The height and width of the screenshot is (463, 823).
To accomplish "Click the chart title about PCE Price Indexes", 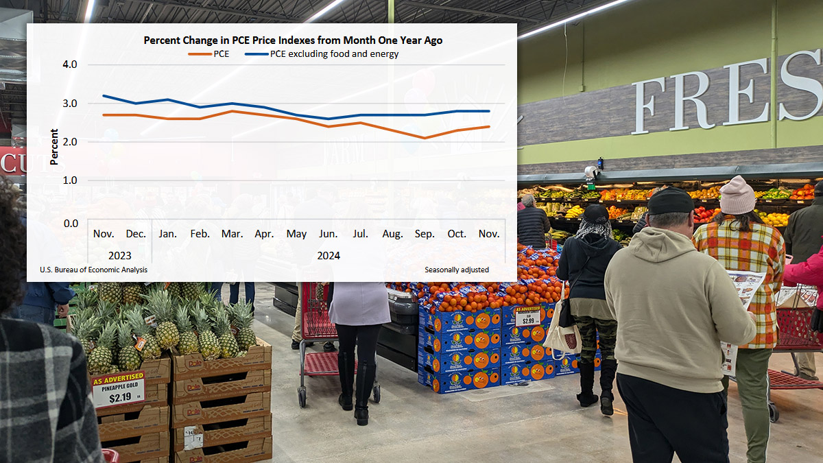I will pos(293,40).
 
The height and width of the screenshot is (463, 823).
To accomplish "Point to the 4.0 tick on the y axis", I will pos(70,64).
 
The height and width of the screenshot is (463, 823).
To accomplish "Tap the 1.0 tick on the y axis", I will pos(70,180).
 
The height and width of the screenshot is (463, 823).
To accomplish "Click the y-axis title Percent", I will pos(54,145).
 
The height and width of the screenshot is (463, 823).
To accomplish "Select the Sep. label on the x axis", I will pos(425,234).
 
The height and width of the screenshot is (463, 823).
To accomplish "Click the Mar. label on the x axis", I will pos(232,234).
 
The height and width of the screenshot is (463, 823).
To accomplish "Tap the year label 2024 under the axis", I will pos(328,255).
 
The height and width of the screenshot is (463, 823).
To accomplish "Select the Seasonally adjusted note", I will pos(456,270).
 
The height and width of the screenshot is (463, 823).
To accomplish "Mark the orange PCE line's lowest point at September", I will pos(425,138).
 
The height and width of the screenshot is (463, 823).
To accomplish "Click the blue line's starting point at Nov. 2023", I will pos(104,95).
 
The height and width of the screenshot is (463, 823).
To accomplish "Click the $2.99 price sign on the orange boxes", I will pos(527,316).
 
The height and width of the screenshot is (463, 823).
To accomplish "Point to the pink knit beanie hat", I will pos(737,195).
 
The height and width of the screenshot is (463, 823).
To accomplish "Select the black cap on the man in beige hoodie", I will pos(669,201).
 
